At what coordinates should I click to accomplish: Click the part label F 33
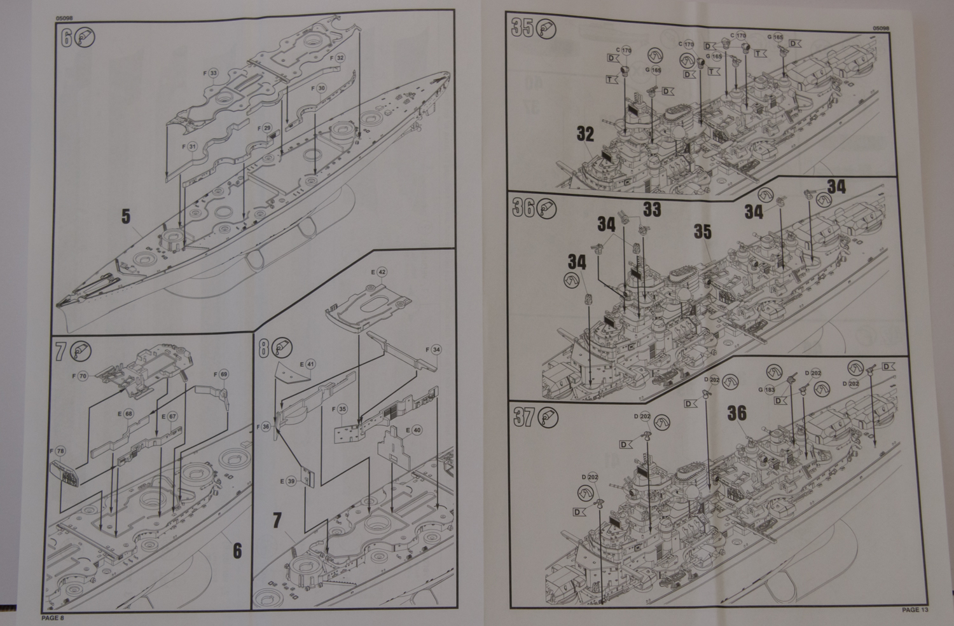tap(211, 73)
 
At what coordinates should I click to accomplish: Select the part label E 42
tap(380, 271)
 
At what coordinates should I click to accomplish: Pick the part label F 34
tap(433, 350)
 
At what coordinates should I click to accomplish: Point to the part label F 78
tap(58, 451)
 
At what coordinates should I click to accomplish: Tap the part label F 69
tap(221, 374)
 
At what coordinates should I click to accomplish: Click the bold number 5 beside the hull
tap(126, 217)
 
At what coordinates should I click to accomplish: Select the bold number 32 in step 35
tap(585, 134)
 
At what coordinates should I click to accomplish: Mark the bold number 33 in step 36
tap(651, 208)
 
